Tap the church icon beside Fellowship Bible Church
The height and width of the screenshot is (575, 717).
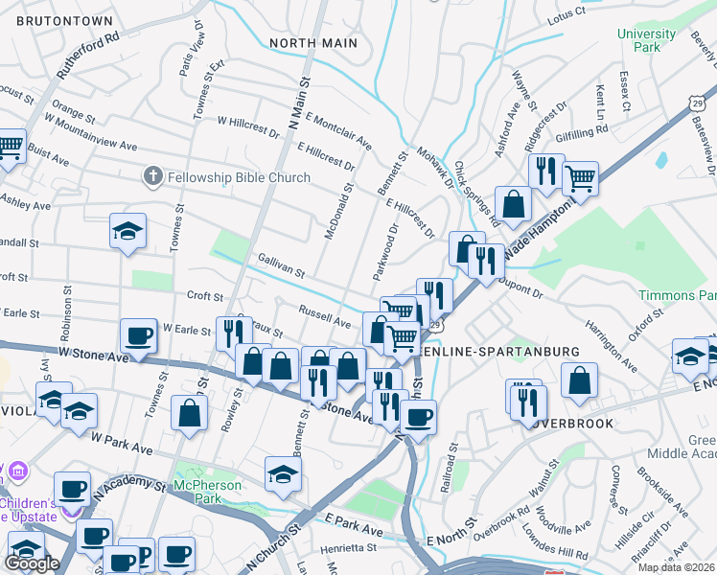click(x=151, y=176)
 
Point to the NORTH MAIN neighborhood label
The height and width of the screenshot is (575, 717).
click(x=313, y=43)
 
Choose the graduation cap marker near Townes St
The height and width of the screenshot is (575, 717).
click(x=127, y=231)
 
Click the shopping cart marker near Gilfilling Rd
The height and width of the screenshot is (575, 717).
click(x=580, y=176)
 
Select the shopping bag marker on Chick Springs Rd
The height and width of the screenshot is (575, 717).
click(x=514, y=202)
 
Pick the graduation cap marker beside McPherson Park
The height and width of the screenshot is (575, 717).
click(x=283, y=473)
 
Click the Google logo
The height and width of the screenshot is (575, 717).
click(x=32, y=563)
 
